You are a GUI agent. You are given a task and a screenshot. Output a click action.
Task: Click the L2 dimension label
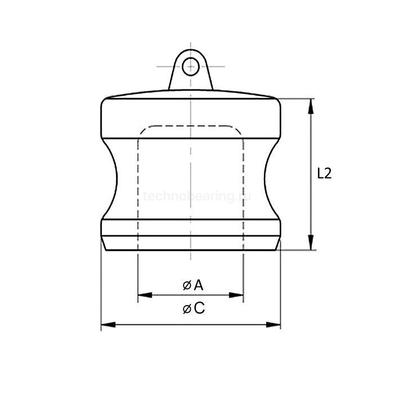324,174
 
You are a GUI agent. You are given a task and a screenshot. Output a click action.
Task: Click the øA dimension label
192,285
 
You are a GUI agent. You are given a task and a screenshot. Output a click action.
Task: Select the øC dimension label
193,308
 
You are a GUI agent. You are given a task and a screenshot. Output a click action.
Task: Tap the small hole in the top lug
191,65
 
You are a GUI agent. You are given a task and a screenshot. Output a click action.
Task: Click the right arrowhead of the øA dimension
239,294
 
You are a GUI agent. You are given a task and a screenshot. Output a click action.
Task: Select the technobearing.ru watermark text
196,196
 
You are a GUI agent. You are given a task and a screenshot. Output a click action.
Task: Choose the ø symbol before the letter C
186,309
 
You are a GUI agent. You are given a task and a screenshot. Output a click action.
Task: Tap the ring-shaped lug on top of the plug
191,70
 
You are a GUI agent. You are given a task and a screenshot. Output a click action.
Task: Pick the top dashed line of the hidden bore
191,126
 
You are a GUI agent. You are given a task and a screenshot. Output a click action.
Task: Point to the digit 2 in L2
328,174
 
